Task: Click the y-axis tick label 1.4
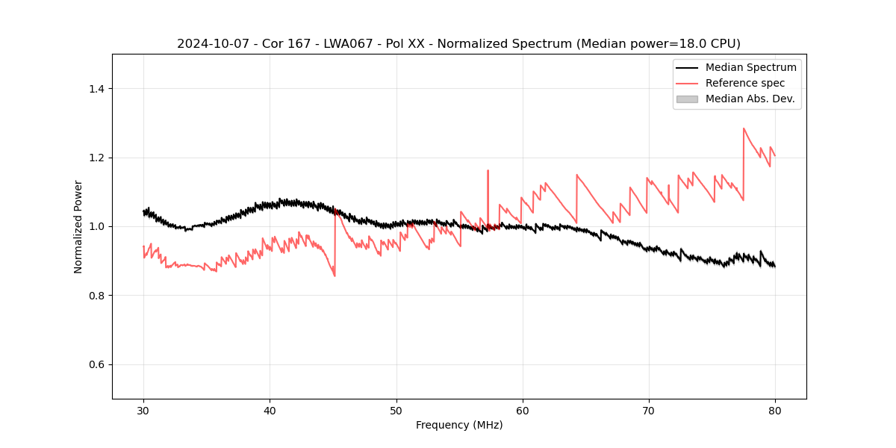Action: (x=96, y=89)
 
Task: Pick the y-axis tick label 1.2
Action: (x=96, y=158)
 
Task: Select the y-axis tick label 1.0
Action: (x=96, y=226)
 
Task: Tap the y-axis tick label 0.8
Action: (x=96, y=296)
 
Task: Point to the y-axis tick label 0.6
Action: (x=96, y=364)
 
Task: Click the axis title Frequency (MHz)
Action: (x=459, y=425)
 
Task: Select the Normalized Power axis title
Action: (x=78, y=226)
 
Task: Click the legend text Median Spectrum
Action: (x=750, y=67)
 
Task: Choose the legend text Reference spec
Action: (x=745, y=83)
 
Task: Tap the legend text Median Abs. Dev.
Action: (x=750, y=99)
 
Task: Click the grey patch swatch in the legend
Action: (x=687, y=99)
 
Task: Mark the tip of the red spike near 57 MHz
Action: (x=488, y=170)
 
